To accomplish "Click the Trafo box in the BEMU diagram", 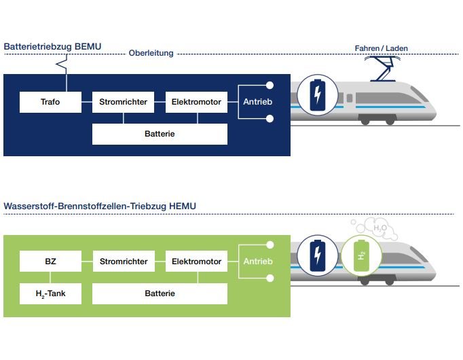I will coord(51,103).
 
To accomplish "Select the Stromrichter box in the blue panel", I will coord(124,103).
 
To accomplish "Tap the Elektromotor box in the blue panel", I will coord(196,103).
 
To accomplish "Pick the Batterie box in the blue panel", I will coord(160,134).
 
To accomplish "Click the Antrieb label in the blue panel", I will coord(257,102).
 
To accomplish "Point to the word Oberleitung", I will coord(151,53).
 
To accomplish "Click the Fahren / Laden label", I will coord(382,48).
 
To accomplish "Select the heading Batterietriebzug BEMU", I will coord(53,46).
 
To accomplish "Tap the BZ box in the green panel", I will coord(51,261).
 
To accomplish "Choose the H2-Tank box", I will coord(51,293).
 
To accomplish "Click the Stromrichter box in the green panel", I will coord(124,261).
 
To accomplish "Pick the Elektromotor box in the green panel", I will coord(196,261).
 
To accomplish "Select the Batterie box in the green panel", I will coord(160,293).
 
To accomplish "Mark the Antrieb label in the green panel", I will coord(257,262).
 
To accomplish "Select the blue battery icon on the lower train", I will coord(317,257).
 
